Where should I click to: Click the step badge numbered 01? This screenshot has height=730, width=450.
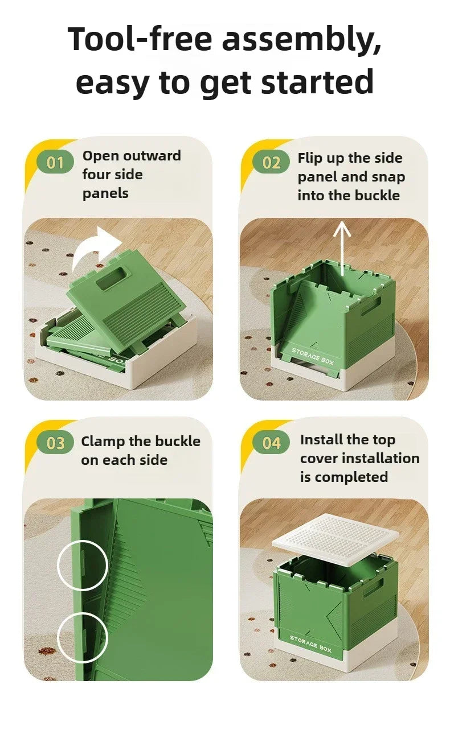pyautogui.click(x=55, y=163)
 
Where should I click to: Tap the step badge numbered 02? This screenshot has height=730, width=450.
pyautogui.click(x=271, y=163)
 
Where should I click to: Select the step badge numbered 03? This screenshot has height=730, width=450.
pyautogui.click(x=55, y=443)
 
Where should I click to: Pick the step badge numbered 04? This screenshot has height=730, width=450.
pyautogui.click(x=271, y=443)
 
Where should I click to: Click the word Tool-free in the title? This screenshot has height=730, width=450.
pyautogui.click(x=140, y=39)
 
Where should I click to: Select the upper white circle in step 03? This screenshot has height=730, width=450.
pyautogui.click(x=83, y=564)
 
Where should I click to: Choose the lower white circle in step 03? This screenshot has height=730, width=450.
pyautogui.click(x=83, y=638)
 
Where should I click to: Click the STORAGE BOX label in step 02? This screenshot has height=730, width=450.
pyautogui.click(x=313, y=356)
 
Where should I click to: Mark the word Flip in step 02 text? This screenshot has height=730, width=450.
pyautogui.click(x=310, y=158)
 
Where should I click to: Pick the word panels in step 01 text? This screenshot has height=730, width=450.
pyautogui.click(x=105, y=193)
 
